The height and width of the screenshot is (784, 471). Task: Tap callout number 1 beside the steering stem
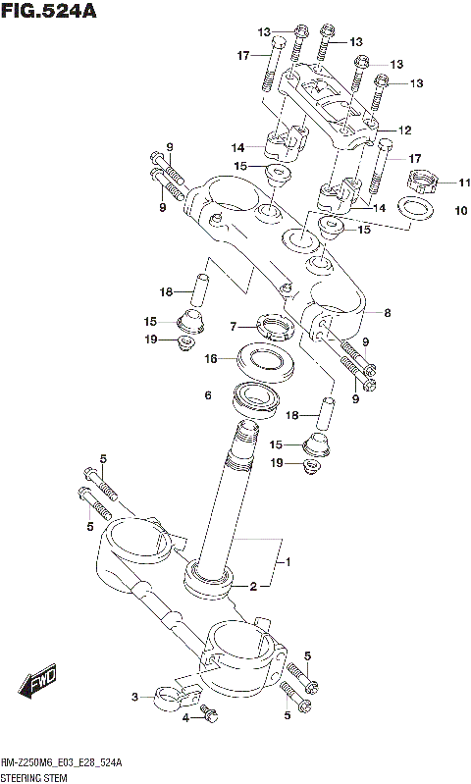point(288,562)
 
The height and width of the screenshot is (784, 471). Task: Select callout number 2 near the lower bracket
point(252,587)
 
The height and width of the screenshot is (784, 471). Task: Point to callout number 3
point(135,698)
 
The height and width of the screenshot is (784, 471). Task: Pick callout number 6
point(208,396)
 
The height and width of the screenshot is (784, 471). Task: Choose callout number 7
point(235,327)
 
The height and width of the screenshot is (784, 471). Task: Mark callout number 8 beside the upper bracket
point(388,313)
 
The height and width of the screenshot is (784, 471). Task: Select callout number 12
point(404,130)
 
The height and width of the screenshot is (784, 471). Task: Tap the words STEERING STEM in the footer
point(36,776)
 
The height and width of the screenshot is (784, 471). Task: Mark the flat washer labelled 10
point(415,209)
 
